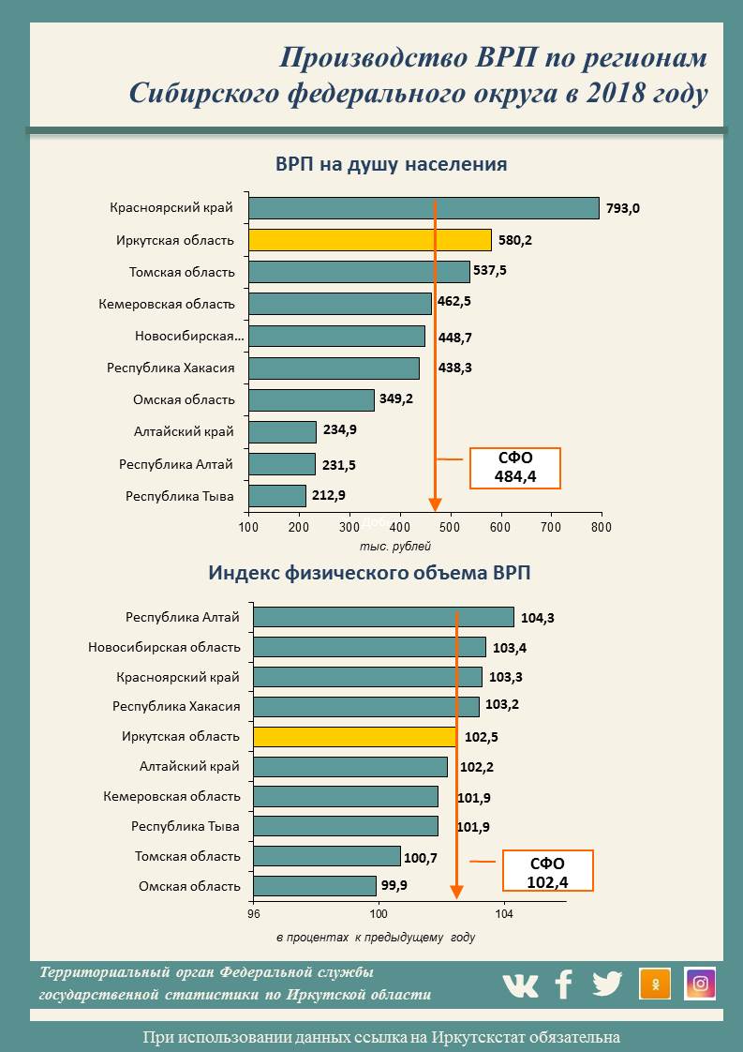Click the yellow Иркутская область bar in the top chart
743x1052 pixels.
370,240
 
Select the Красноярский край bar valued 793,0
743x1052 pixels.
424,208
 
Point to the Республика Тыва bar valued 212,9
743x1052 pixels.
277,495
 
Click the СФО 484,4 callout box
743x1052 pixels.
514,468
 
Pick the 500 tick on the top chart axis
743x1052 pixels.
450,528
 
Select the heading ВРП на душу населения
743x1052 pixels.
392,164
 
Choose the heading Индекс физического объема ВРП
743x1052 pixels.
375,572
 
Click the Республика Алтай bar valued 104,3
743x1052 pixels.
383,617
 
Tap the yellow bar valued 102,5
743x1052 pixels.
355,737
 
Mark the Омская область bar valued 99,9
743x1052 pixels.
315,886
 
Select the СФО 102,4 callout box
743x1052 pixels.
548,872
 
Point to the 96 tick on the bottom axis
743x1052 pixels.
254,913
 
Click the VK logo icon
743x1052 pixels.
520,984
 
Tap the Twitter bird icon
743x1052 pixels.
607,984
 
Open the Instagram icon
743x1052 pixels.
700,984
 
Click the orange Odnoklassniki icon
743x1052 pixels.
655,984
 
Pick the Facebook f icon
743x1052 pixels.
564,984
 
